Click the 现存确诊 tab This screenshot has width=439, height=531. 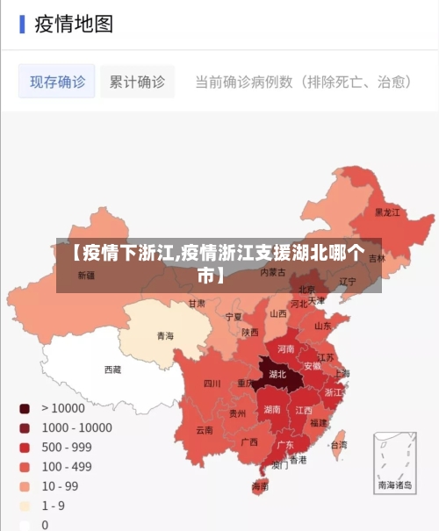pyautogui.click(x=57, y=82)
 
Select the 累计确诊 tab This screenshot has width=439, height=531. pyautogui.click(x=137, y=82)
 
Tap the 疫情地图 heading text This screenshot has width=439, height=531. pyautogui.click(x=74, y=24)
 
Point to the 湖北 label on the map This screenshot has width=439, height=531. pyautogui.click(x=277, y=374)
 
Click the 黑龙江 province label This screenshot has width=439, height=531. pyautogui.click(x=387, y=212)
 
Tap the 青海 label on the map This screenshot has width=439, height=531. pyautogui.click(x=165, y=335)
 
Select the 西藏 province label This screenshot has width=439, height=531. pyautogui.click(x=113, y=370)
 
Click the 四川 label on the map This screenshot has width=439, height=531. pyautogui.click(x=212, y=384)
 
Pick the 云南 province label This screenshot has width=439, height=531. pyautogui.click(x=205, y=430)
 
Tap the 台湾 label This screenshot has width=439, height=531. pyautogui.click(x=338, y=445)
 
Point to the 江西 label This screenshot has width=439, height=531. pyautogui.click(x=304, y=409)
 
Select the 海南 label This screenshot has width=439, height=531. pyautogui.click(x=260, y=485)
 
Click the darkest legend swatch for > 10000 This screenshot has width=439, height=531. pyautogui.click(x=25, y=408)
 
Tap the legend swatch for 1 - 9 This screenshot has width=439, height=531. pyautogui.click(x=25, y=506)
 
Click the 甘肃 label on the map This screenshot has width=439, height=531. pyautogui.click(x=196, y=303)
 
